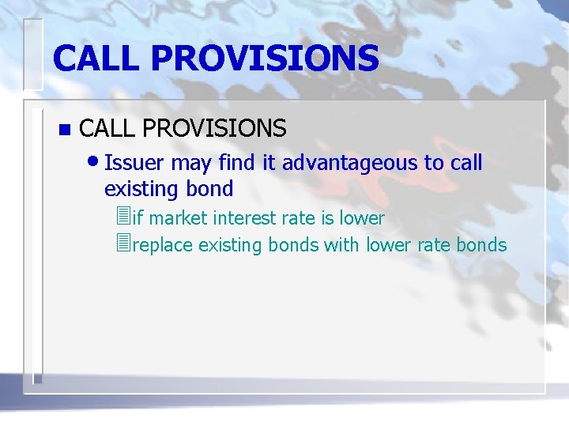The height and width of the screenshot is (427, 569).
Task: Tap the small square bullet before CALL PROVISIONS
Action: [x=64, y=129]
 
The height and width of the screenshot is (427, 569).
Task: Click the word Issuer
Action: [x=134, y=164]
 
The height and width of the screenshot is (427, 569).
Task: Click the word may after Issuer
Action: [x=190, y=164]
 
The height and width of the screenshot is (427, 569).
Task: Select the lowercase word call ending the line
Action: [x=465, y=164]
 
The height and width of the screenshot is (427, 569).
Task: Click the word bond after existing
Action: [x=210, y=189]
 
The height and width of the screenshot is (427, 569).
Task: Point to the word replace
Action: [x=163, y=245]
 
